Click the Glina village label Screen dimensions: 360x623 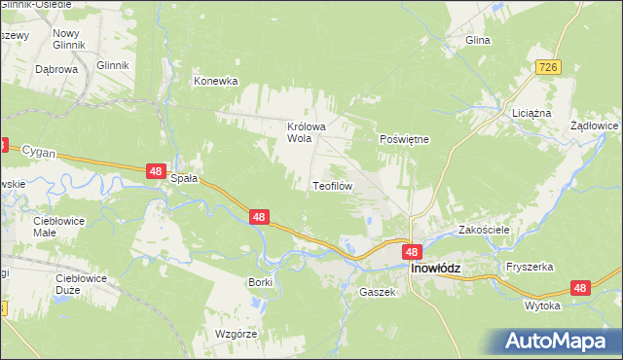point(477,41)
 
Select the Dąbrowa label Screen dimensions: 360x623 point(55,70)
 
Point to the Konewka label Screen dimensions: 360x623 point(215,82)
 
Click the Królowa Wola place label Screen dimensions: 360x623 point(305,132)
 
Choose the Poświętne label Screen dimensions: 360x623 point(403,139)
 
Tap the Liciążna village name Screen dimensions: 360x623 point(531,113)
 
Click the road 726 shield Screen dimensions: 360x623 point(548,64)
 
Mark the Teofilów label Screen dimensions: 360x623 point(331,185)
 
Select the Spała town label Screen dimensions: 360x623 point(184,179)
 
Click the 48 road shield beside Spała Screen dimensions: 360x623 point(156,171)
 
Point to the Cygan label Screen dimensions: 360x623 point(40,153)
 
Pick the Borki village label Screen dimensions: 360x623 point(260,281)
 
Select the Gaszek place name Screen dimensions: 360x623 point(376,292)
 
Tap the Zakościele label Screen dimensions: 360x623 point(485,231)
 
